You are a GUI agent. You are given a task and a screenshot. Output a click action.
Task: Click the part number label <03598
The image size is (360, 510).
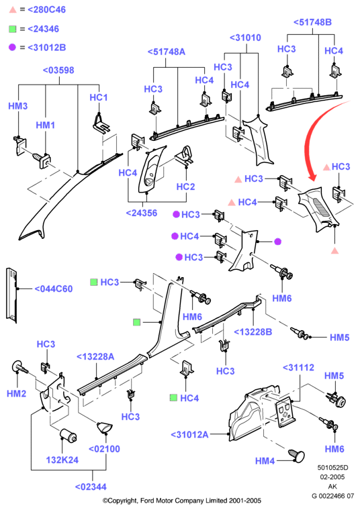click(58, 70)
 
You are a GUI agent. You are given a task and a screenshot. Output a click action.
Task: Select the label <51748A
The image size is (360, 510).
click(167, 52)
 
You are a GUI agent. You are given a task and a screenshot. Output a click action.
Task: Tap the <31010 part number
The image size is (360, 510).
click(245, 38)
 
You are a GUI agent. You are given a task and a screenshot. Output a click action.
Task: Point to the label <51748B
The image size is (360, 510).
click(312, 22)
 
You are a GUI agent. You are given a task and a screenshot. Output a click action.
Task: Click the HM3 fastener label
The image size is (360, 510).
click(18, 106)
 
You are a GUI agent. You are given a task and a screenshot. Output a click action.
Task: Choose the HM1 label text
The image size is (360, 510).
click(45, 125)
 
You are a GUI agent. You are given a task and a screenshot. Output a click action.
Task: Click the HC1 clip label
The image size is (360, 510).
click(98, 97)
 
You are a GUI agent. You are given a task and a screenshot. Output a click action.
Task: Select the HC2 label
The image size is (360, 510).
click(185, 187)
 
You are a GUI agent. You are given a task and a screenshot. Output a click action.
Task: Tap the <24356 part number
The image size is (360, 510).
click(142, 213)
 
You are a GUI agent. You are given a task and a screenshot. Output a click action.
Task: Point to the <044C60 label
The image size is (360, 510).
click(53, 289)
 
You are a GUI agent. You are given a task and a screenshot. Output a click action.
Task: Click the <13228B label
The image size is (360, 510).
click(253, 332)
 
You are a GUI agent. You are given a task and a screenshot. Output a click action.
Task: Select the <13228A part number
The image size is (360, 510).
click(95, 357)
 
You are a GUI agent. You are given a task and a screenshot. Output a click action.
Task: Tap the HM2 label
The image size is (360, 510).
click(17, 393)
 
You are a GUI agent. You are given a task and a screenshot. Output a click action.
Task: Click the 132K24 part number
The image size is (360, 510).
click(62, 460)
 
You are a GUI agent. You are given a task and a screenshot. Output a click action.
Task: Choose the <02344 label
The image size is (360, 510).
click(91, 487)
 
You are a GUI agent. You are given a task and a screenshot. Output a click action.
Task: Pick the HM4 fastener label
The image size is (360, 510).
click(265, 461)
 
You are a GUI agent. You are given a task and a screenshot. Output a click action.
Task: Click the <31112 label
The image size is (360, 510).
click(298, 368)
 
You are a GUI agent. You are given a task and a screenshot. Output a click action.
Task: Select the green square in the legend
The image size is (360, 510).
click(12, 29)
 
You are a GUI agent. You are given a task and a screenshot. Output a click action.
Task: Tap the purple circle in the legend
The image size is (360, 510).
click(12, 48)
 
